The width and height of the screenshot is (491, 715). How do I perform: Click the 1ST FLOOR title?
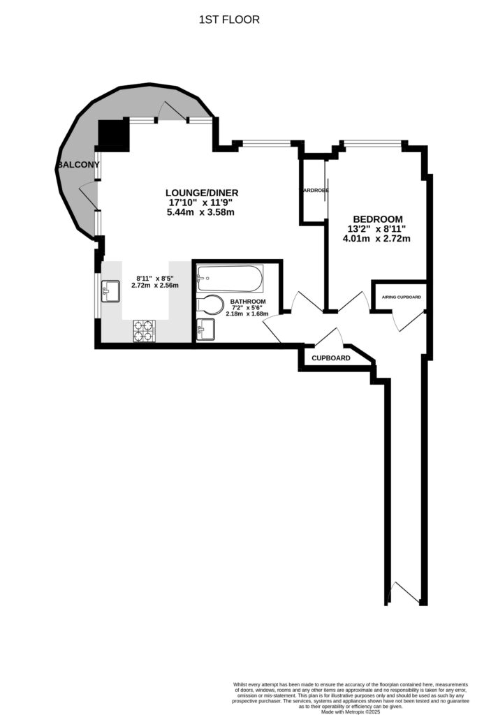coord(229,20)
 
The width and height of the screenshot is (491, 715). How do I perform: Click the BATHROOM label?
coord(247,301)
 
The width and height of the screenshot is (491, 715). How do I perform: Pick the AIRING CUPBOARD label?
coord(401,297)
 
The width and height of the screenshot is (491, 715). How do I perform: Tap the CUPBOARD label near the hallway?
coord(330,357)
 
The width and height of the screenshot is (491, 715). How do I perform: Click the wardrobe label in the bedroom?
coord(314,190)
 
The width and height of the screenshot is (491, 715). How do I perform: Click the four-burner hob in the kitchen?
coord(144,330)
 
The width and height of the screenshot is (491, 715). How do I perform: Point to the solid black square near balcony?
coord(113,136)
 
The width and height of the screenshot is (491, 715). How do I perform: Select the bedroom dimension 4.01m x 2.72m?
coord(375,239)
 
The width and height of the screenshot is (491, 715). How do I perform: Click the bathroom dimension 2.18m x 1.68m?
coord(247,314)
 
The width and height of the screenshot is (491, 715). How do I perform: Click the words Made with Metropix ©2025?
coord(349,712)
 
